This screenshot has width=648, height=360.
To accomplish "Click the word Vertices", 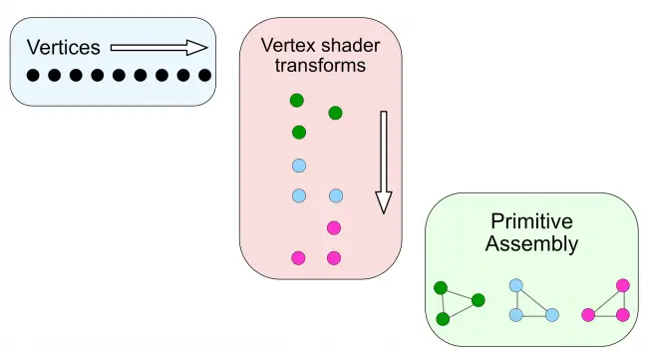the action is coord(63,47).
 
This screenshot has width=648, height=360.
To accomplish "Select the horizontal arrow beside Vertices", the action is coord(160,48).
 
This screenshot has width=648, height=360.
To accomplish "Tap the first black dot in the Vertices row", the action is coord(33,75).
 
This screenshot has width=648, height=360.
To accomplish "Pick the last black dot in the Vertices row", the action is coord(204,75).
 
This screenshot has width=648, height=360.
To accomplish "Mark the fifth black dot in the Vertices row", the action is coord(119,75).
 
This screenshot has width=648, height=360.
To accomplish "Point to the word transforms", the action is coord(320,66).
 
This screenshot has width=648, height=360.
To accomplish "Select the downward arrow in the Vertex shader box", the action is coord(384,162).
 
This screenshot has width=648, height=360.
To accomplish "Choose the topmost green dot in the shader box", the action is coord(297,100).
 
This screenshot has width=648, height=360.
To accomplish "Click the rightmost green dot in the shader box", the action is coord(335,113).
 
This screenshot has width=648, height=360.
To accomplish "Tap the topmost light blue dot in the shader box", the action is coord(299,166).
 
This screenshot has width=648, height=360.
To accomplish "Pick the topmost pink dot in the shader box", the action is coord(334,227).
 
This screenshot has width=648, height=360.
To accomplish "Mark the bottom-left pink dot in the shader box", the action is coord(298,258).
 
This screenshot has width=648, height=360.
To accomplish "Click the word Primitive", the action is coord(532,221).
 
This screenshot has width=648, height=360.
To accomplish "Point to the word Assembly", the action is coord(532,243).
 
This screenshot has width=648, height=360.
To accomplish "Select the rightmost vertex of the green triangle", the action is coord(479,300).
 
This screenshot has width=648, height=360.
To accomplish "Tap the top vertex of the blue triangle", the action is coord(516,285).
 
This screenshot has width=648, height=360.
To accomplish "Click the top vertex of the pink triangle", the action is coord(623,285).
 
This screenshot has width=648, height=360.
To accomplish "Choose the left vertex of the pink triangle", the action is coord(588,315).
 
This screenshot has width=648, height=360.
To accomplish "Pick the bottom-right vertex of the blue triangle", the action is coord(552,315).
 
